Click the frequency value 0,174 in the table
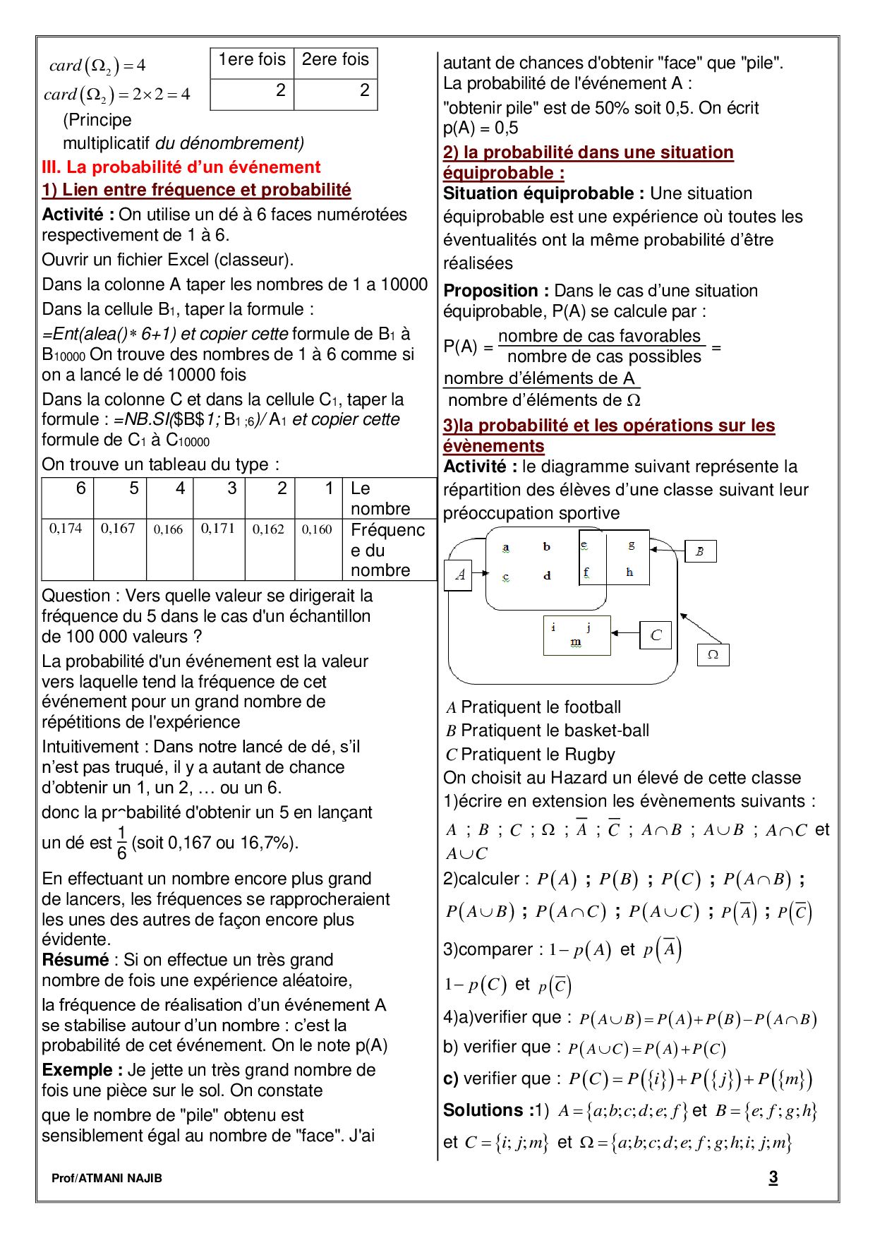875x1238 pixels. tap(66, 528)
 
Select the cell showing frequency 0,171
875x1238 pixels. tap(217, 528)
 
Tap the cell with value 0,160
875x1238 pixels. tap(317, 529)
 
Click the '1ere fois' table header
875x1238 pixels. tap(252, 60)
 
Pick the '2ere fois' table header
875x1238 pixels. tap(335, 60)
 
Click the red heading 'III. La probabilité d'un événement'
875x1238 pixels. tap(181, 167)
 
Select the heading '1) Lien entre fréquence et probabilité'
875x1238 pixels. tap(196, 190)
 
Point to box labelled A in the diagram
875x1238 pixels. tap(459, 575)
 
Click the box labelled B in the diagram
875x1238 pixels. tap(700, 551)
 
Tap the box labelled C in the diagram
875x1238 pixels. tap(656, 635)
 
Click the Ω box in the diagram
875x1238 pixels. tap(713, 654)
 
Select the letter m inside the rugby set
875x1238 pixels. tap(576, 642)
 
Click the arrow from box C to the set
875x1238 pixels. tap(625, 634)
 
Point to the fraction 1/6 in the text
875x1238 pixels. tap(121, 842)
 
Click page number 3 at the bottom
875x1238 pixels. tap(773, 1177)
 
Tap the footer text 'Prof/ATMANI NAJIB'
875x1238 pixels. tap(107, 1178)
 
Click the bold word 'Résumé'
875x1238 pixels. tap(76, 960)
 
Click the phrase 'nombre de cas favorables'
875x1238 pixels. tap(599, 336)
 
